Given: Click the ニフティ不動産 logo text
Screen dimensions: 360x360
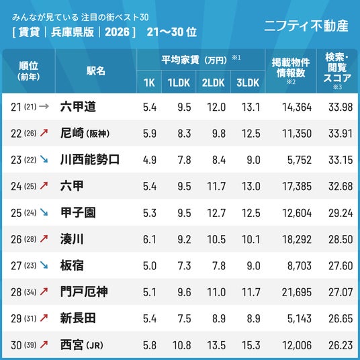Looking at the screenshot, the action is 306,26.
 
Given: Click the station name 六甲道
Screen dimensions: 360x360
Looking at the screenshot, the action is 78,107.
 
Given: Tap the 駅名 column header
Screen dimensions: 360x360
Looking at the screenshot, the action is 96,71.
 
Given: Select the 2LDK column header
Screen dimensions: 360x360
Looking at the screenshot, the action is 214,83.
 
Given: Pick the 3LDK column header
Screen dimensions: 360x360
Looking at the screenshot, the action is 248,83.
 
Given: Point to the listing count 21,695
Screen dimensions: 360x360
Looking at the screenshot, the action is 297,292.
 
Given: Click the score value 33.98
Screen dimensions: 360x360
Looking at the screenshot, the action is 341,107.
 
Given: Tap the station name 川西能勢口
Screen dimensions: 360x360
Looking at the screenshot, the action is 90,160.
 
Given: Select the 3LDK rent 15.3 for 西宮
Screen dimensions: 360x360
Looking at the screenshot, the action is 251,345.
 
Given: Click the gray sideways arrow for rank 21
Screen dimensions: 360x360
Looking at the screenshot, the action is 44,106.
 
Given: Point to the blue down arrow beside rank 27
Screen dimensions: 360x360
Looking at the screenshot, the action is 44,265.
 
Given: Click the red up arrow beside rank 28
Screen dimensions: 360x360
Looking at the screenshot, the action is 44,291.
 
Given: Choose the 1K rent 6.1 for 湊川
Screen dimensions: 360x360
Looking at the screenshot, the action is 150,240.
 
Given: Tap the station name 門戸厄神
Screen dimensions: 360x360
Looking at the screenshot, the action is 84,291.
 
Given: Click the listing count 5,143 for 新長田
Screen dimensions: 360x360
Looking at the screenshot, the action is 300,318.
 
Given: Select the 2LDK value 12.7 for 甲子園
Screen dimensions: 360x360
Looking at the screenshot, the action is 216,213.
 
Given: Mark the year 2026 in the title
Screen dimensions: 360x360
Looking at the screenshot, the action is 117,32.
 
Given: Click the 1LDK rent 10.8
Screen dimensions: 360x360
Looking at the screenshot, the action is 181,345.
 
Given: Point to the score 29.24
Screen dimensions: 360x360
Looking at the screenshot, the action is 341,213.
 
